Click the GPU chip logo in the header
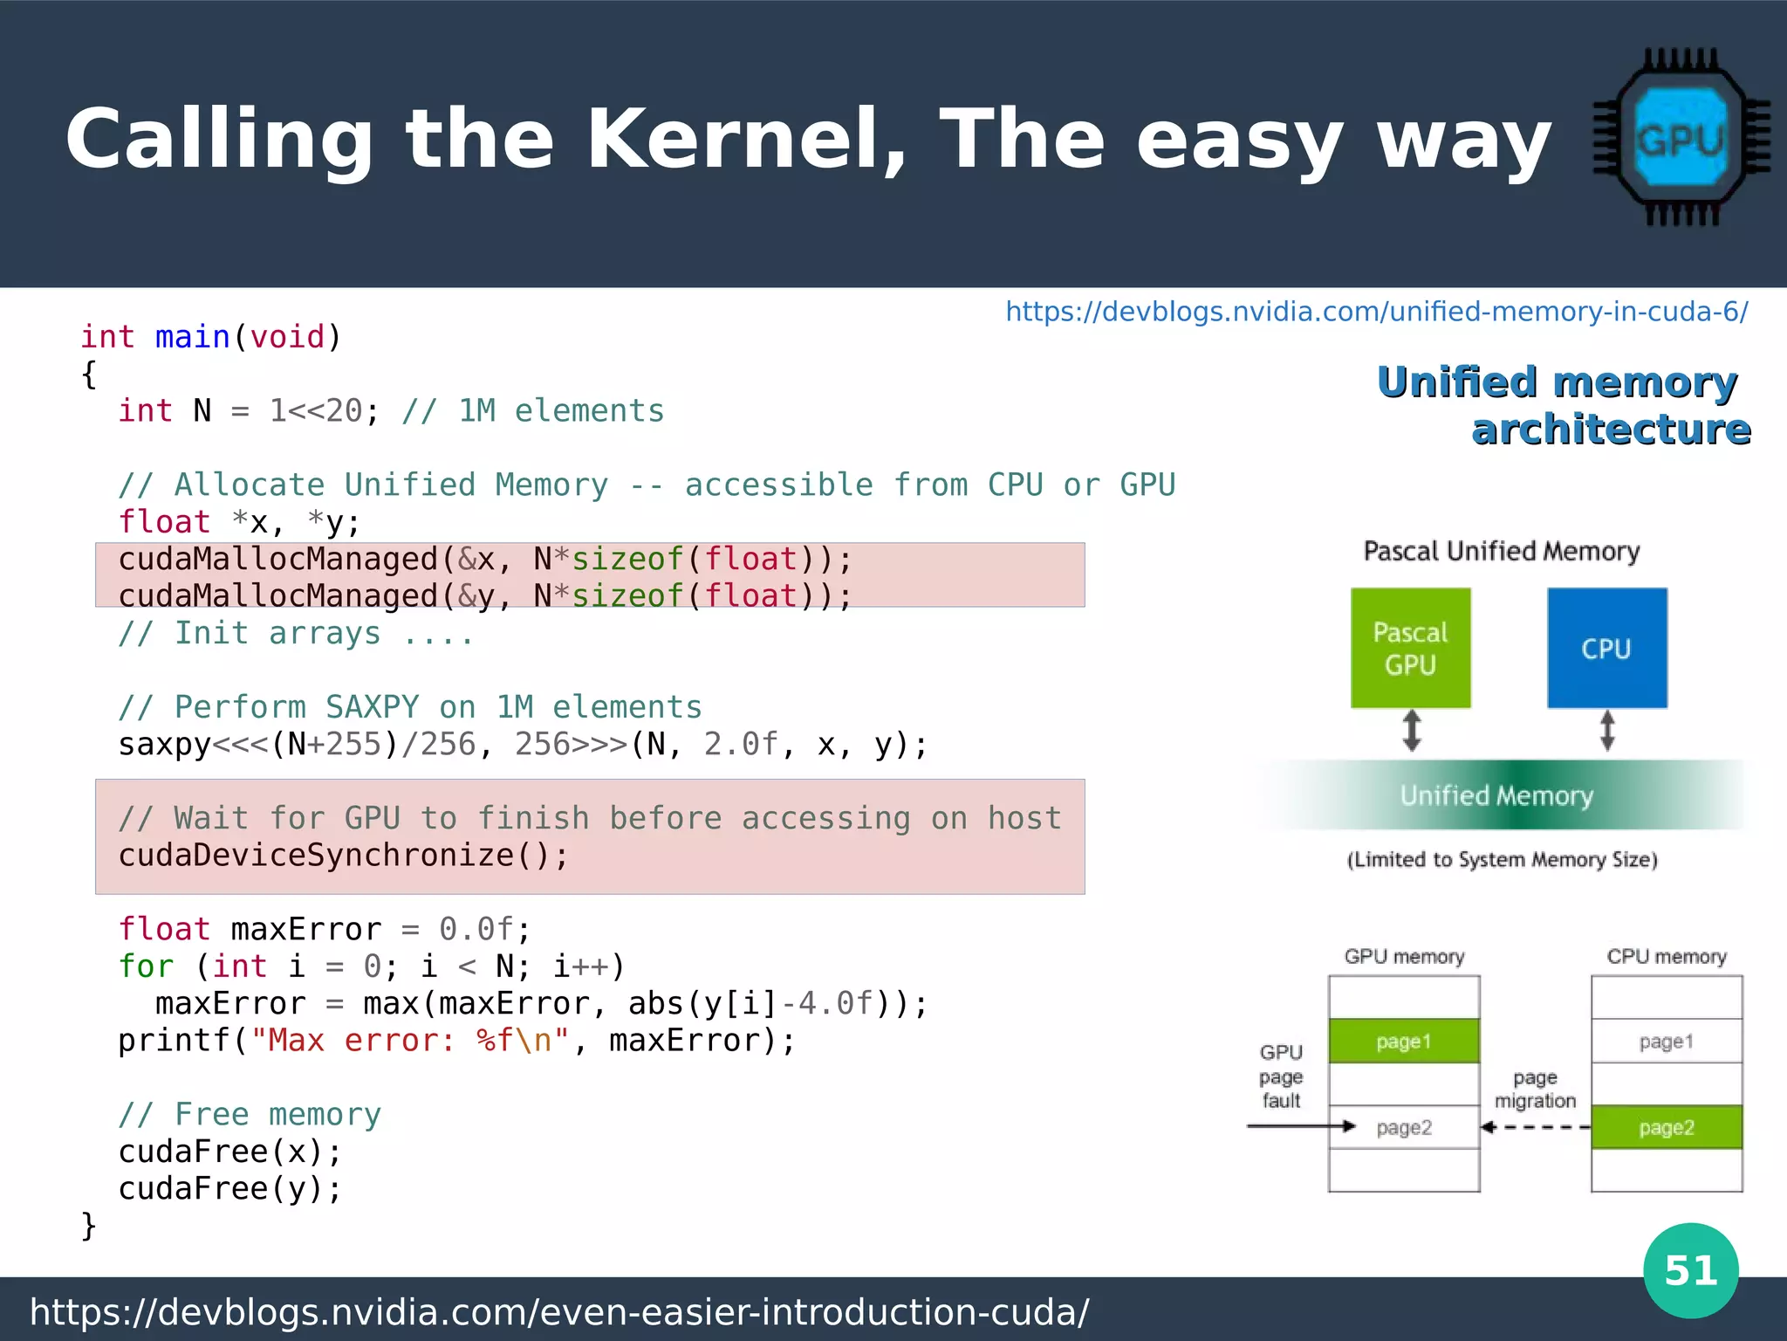pyautogui.click(x=1681, y=138)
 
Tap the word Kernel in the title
pyautogui.click(x=746, y=140)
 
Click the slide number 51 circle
pyautogui.click(x=1690, y=1270)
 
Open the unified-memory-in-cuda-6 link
pyautogui.click(x=1376, y=312)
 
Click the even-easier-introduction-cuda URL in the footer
pyautogui.click(x=559, y=1312)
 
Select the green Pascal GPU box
pyautogui.click(x=1410, y=648)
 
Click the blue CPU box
pyautogui.click(x=1606, y=648)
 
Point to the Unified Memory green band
pyautogui.click(x=1497, y=795)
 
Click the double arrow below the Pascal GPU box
pyautogui.click(x=1412, y=731)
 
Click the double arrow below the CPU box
pyautogui.click(x=1607, y=731)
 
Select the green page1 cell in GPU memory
pyautogui.click(x=1403, y=1041)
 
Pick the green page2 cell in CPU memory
pyautogui.click(x=1666, y=1127)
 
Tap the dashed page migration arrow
pyautogui.click(x=1536, y=1127)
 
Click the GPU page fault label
pyautogui.click(x=1281, y=1076)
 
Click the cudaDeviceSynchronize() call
pyautogui.click(x=343, y=856)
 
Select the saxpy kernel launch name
pyautogui.click(x=164, y=745)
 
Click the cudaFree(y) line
pyautogui.click(x=229, y=1189)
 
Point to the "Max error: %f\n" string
pyautogui.click(x=410, y=1041)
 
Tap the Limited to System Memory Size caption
pyautogui.click(x=1502, y=860)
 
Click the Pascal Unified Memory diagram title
pyautogui.click(x=1502, y=552)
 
